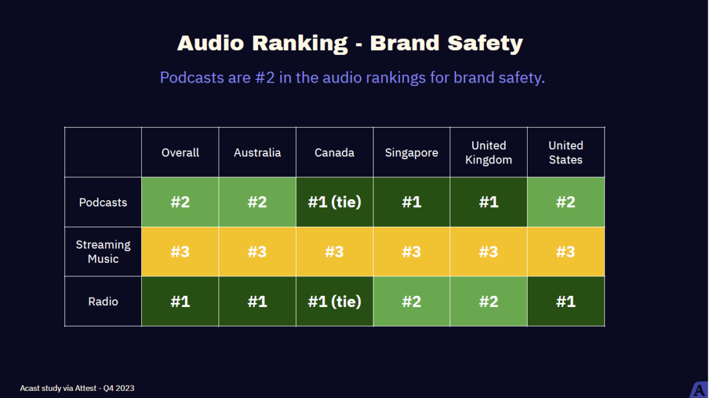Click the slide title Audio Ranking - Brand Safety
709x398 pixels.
pos(350,43)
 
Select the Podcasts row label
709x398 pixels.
pos(103,203)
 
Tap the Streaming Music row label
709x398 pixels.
pos(103,252)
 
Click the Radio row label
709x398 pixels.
pos(103,302)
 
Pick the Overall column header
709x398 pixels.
pos(180,153)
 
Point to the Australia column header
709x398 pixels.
pos(257,153)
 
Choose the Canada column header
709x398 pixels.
pos(334,153)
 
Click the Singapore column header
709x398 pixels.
pos(412,153)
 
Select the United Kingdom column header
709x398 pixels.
pos(489,153)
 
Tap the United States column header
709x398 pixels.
pos(565,153)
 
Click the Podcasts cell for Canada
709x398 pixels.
pos(334,203)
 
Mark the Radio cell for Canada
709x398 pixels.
pos(334,302)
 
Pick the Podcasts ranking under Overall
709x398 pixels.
pos(180,203)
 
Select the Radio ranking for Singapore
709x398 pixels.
pos(412,302)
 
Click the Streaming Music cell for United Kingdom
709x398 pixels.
pos(489,252)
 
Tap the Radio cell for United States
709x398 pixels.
pos(565,302)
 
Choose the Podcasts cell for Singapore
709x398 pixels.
pos(412,203)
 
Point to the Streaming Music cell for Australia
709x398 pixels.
pos(257,252)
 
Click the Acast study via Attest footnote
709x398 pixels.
pos(77,388)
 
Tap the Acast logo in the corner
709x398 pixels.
pos(699,390)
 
